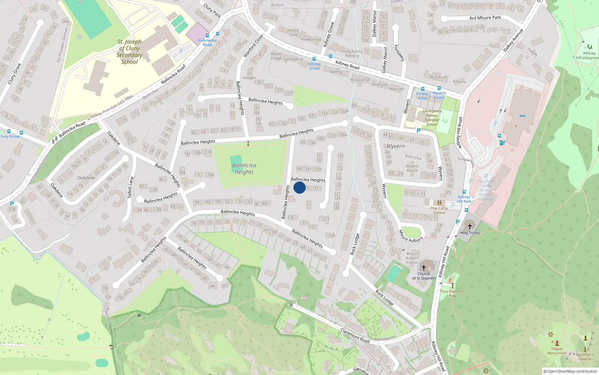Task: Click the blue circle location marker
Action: [299, 187]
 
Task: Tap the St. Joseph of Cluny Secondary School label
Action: [130, 52]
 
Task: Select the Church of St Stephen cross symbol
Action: [424, 268]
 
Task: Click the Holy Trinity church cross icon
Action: [470, 226]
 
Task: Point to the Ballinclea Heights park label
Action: [244, 169]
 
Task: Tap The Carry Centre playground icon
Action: [440, 203]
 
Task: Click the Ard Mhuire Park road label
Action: [485, 18]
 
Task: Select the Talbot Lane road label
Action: [130, 187]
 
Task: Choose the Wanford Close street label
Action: [253, 46]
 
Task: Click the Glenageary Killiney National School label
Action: [432, 118]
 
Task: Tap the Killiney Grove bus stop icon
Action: [314, 59]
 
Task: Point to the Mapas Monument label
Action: [557, 351]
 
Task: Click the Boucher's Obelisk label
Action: [585, 357]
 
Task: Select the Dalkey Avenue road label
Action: [513, 40]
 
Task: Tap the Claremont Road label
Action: [355, 335]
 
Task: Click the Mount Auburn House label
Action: [412, 258]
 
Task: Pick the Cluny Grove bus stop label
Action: [10, 136]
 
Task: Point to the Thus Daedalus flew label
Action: [452, 293]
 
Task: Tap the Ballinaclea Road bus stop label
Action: [207, 42]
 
